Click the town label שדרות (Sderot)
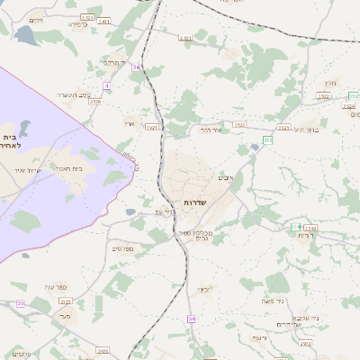(x=194, y=203)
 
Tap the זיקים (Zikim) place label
(x=36, y=20)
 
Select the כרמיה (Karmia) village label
(x=77, y=25)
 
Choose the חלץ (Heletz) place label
(x=330, y=82)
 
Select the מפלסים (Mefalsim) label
(x=122, y=248)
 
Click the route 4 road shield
(x=106, y=85)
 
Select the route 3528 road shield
(x=94, y=102)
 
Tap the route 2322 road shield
(x=65, y=301)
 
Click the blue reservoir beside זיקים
(x=24, y=36)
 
